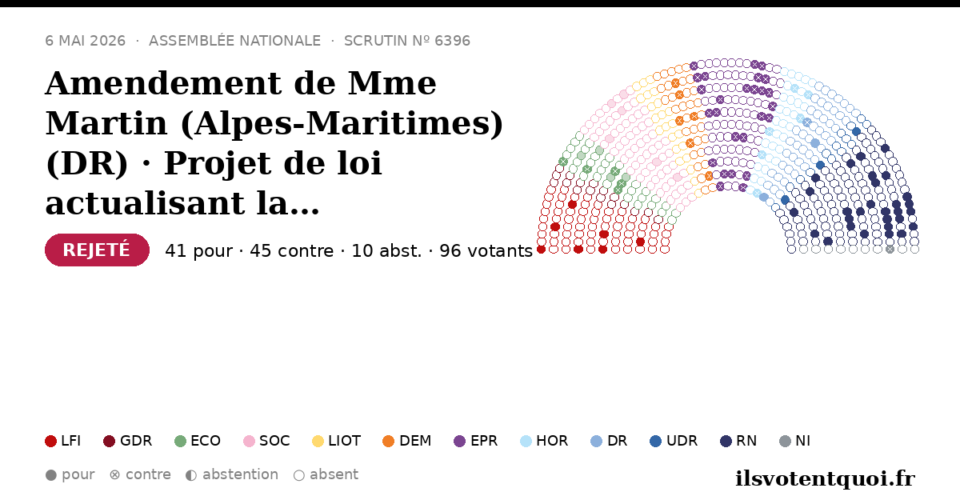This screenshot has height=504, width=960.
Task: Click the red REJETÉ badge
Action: [97, 250]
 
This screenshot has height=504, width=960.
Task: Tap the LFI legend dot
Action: [50, 441]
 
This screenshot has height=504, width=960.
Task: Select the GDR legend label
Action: [136, 441]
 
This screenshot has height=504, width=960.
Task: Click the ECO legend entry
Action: [198, 441]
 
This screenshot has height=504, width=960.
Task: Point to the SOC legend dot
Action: [249, 441]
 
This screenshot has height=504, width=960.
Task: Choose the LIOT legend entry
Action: [337, 441]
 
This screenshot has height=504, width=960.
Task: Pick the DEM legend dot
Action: [388, 441]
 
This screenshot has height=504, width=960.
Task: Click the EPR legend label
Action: [484, 441]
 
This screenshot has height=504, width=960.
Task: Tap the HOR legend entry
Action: [544, 441]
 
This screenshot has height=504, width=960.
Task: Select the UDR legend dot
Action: [656, 441]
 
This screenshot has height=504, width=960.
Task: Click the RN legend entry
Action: [738, 441]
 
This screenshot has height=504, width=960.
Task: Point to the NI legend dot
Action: [785, 441]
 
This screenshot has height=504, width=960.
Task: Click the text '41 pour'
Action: [199, 251]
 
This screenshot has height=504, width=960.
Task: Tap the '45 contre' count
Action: [291, 251]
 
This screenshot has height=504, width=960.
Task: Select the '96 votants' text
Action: [486, 251]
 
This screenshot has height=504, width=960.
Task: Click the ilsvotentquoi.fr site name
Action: [825, 478]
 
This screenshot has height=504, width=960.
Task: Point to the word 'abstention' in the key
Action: [241, 474]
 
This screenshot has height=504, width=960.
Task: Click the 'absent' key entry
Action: [326, 475]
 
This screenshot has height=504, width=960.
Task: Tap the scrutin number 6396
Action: [452, 41]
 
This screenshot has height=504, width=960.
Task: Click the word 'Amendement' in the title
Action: [164, 83]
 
